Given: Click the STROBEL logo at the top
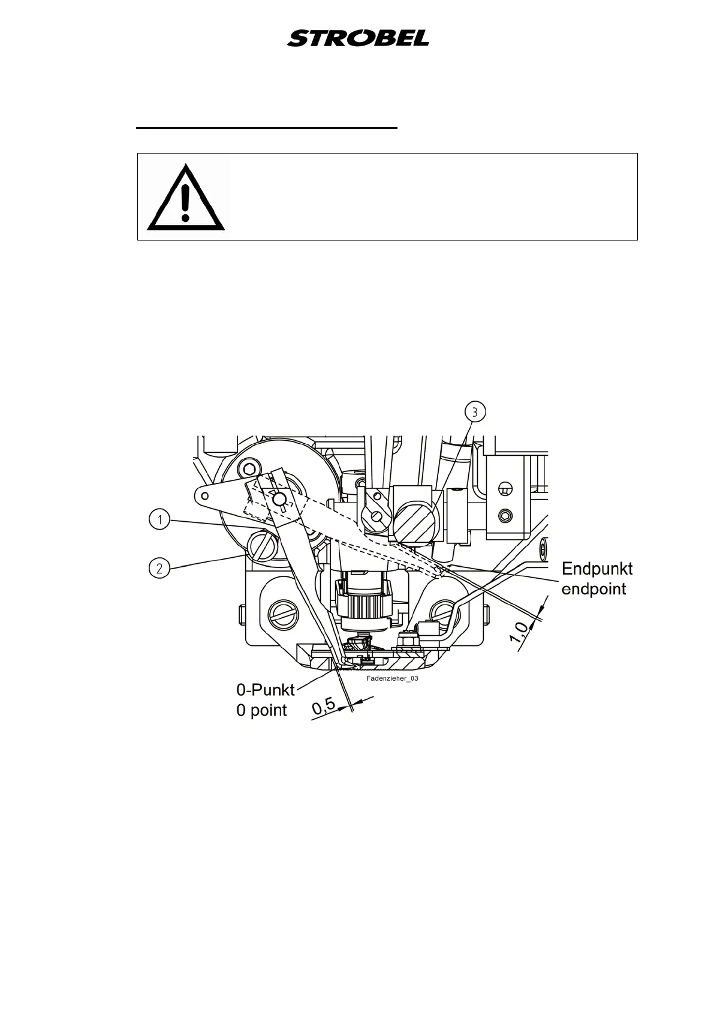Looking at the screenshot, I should pos(358,39).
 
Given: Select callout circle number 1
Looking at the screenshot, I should pos(159,520).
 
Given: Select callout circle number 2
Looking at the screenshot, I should pos(159,568).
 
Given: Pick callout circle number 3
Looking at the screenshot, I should pos(475,412).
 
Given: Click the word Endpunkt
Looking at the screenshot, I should pos(596,569).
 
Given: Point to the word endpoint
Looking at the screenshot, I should pos(594,589).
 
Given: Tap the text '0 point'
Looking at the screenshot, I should pos(261,710).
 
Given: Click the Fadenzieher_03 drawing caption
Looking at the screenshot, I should pos(391,680).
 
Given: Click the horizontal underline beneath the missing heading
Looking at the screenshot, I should pos(267,128).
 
